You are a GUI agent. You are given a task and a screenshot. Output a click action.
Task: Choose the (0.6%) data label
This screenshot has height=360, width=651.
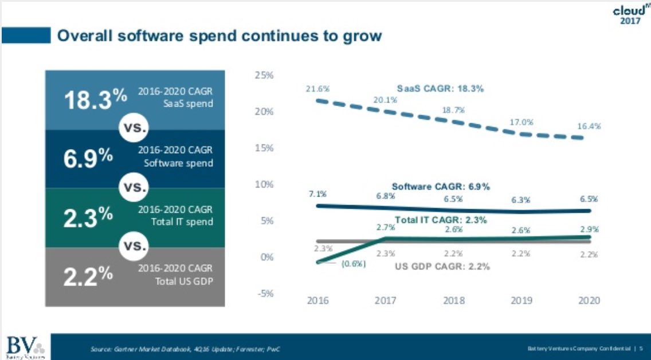tap(354, 264)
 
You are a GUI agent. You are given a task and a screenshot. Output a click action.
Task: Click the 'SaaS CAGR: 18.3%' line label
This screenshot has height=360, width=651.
tap(441, 89)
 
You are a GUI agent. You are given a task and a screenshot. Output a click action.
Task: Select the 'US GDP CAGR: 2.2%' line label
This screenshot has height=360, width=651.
tap(444, 267)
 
